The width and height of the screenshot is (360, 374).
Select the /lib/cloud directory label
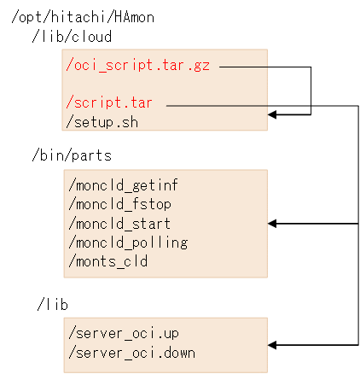(72, 37)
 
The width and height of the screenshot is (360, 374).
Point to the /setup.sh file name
(102, 121)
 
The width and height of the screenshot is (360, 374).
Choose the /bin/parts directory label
(72, 155)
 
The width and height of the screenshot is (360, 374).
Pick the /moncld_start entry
(118, 223)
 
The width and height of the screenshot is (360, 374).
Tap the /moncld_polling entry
(126, 243)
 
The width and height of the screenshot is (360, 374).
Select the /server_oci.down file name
(131, 352)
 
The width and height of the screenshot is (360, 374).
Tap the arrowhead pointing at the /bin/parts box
(273, 224)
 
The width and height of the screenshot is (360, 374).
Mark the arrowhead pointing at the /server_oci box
(273, 345)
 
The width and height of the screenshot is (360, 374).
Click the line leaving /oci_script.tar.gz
(264, 66)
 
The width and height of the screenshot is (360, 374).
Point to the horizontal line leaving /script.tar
(256, 105)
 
